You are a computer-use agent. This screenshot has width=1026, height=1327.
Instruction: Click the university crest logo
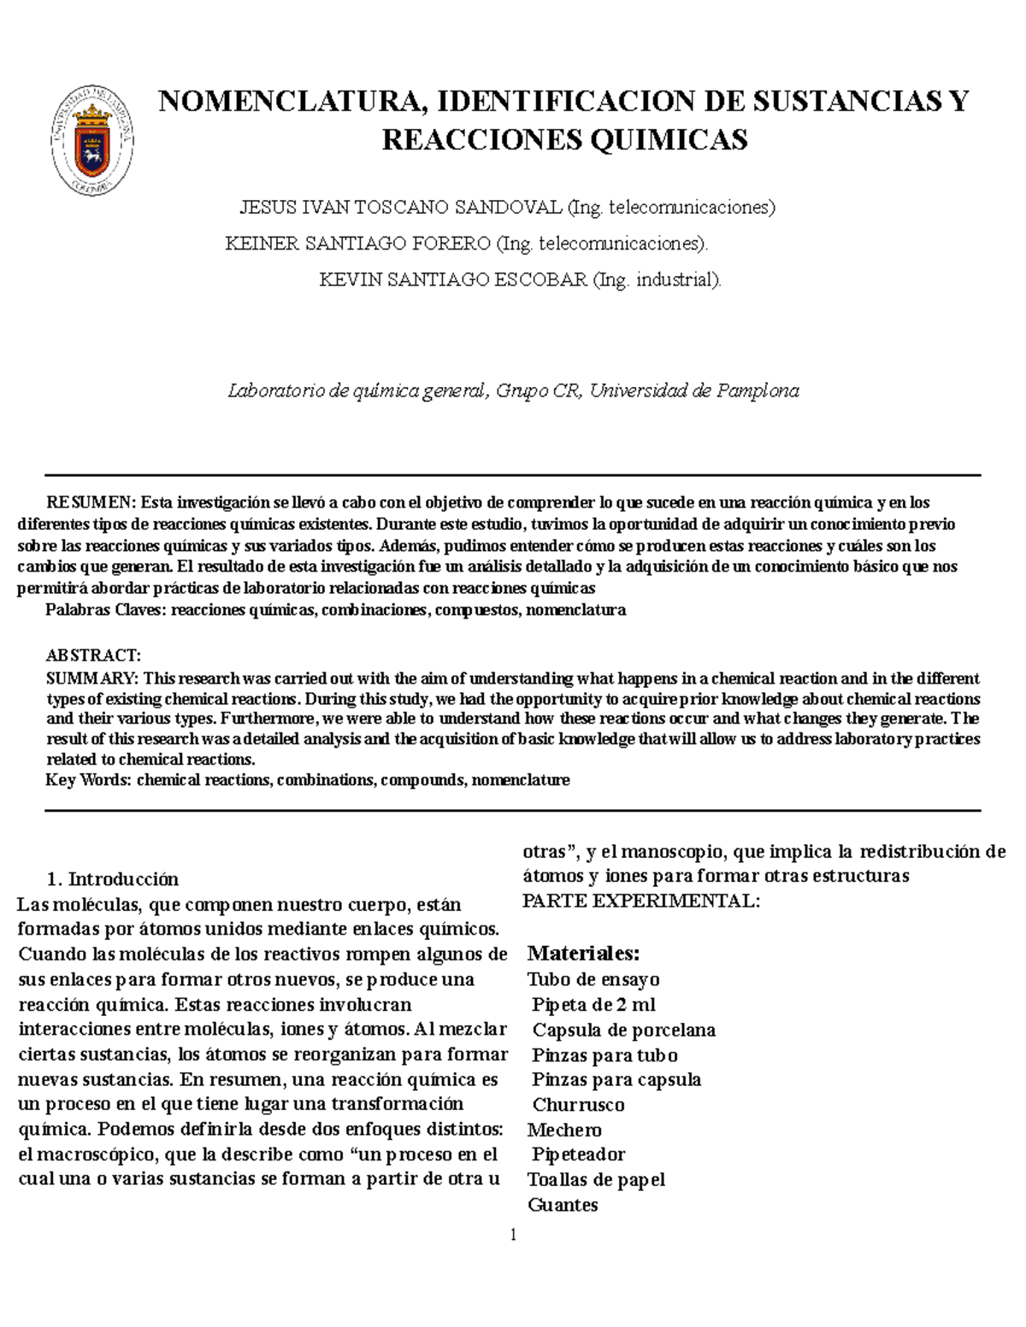point(92,140)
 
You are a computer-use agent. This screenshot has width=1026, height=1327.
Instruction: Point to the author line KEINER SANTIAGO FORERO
point(357,244)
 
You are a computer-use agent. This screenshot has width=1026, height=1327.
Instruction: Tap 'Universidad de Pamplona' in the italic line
point(693,391)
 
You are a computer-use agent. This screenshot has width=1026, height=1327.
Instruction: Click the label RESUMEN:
point(91,502)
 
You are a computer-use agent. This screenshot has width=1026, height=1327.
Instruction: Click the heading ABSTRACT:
point(93,655)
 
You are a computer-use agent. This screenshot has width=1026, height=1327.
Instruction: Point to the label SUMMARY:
point(92,678)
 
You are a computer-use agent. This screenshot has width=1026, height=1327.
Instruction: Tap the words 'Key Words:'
point(88,780)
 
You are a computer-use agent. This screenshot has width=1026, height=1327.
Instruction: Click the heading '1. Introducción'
point(113,879)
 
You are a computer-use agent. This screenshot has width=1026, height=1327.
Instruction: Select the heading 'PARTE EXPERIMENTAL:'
point(640,901)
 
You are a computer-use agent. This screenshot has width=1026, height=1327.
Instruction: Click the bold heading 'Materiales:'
point(583,953)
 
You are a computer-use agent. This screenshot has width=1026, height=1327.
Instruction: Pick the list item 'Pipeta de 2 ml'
point(593,1005)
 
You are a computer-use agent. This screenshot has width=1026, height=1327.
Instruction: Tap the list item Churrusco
point(578,1105)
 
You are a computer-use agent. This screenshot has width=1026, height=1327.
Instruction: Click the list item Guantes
point(563,1205)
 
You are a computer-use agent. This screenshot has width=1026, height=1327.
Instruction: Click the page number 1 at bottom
point(513,1235)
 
